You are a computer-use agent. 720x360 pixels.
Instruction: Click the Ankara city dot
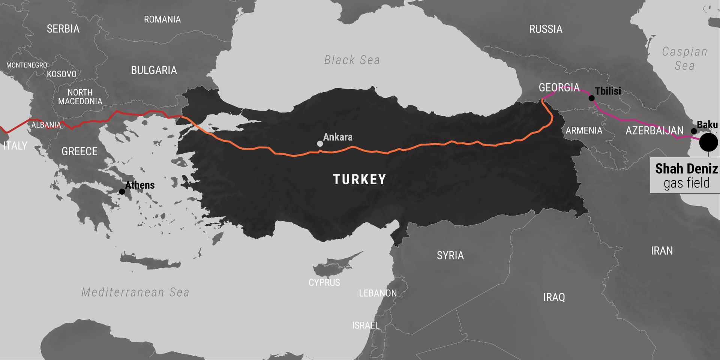[x=320, y=144]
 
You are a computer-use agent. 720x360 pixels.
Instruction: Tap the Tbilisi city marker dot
[x=591, y=98]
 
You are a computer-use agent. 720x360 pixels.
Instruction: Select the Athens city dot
[x=122, y=192]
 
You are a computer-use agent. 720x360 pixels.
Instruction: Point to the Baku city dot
[x=694, y=131]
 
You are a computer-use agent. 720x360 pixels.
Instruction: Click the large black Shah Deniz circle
[x=708, y=142]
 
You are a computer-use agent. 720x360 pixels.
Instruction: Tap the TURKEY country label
[x=359, y=179]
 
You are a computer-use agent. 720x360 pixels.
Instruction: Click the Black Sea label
[x=352, y=60]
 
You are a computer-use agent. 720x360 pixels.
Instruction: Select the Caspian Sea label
[x=684, y=58]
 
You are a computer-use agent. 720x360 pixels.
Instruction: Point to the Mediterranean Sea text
[x=135, y=292]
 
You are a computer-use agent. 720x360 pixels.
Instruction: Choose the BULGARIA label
[x=154, y=70]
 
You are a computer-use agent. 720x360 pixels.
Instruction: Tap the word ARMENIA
[x=584, y=130]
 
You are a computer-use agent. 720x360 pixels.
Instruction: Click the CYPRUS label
[x=324, y=282]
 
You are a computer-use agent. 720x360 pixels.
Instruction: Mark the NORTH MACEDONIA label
[x=80, y=97]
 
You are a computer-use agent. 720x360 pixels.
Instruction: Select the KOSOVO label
[x=61, y=74]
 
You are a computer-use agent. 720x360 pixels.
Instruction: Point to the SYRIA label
[x=450, y=255]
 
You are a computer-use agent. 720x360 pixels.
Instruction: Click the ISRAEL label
[x=366, y=325]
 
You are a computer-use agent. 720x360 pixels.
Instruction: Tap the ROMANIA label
[x=162, y=19]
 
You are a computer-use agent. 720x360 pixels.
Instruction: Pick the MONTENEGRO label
[x=27, y=65]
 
